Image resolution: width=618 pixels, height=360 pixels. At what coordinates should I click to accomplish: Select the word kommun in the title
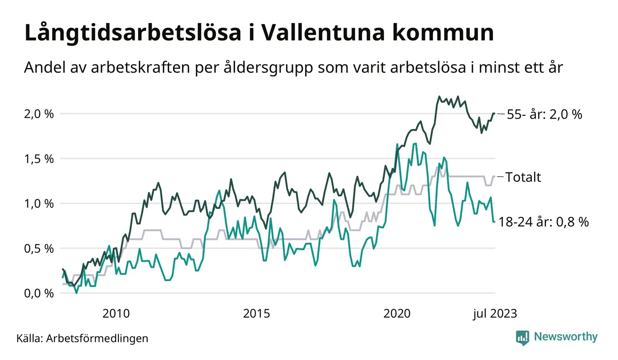[446, 34]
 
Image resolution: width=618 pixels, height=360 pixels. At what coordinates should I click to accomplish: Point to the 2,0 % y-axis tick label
[39, 114]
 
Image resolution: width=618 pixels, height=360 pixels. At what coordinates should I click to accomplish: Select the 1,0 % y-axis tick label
[39, 204]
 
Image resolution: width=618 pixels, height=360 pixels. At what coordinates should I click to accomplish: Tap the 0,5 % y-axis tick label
[39, 248]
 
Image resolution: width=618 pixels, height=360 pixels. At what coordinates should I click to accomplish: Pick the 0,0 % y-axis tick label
[39, 294]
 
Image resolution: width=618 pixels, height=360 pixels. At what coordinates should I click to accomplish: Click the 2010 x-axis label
[115, 314]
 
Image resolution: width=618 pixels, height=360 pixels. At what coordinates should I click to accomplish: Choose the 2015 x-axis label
[256, 314]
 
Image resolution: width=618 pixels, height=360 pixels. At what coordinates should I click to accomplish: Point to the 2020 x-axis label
[397, 314]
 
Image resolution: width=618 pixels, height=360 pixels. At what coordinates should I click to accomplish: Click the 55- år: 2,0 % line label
[544, 114]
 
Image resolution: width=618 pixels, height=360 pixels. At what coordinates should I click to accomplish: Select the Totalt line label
[523, 177]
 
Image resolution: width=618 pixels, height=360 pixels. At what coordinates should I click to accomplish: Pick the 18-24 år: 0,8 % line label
[544, 222]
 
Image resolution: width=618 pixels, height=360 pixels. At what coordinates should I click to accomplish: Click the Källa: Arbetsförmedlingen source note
[82, 338]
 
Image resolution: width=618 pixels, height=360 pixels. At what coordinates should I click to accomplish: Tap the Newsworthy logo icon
[522, 337]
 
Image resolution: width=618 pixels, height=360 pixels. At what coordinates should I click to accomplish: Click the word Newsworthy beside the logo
[565, 337]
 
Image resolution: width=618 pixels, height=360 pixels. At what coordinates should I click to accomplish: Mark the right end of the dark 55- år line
[494, 114]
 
